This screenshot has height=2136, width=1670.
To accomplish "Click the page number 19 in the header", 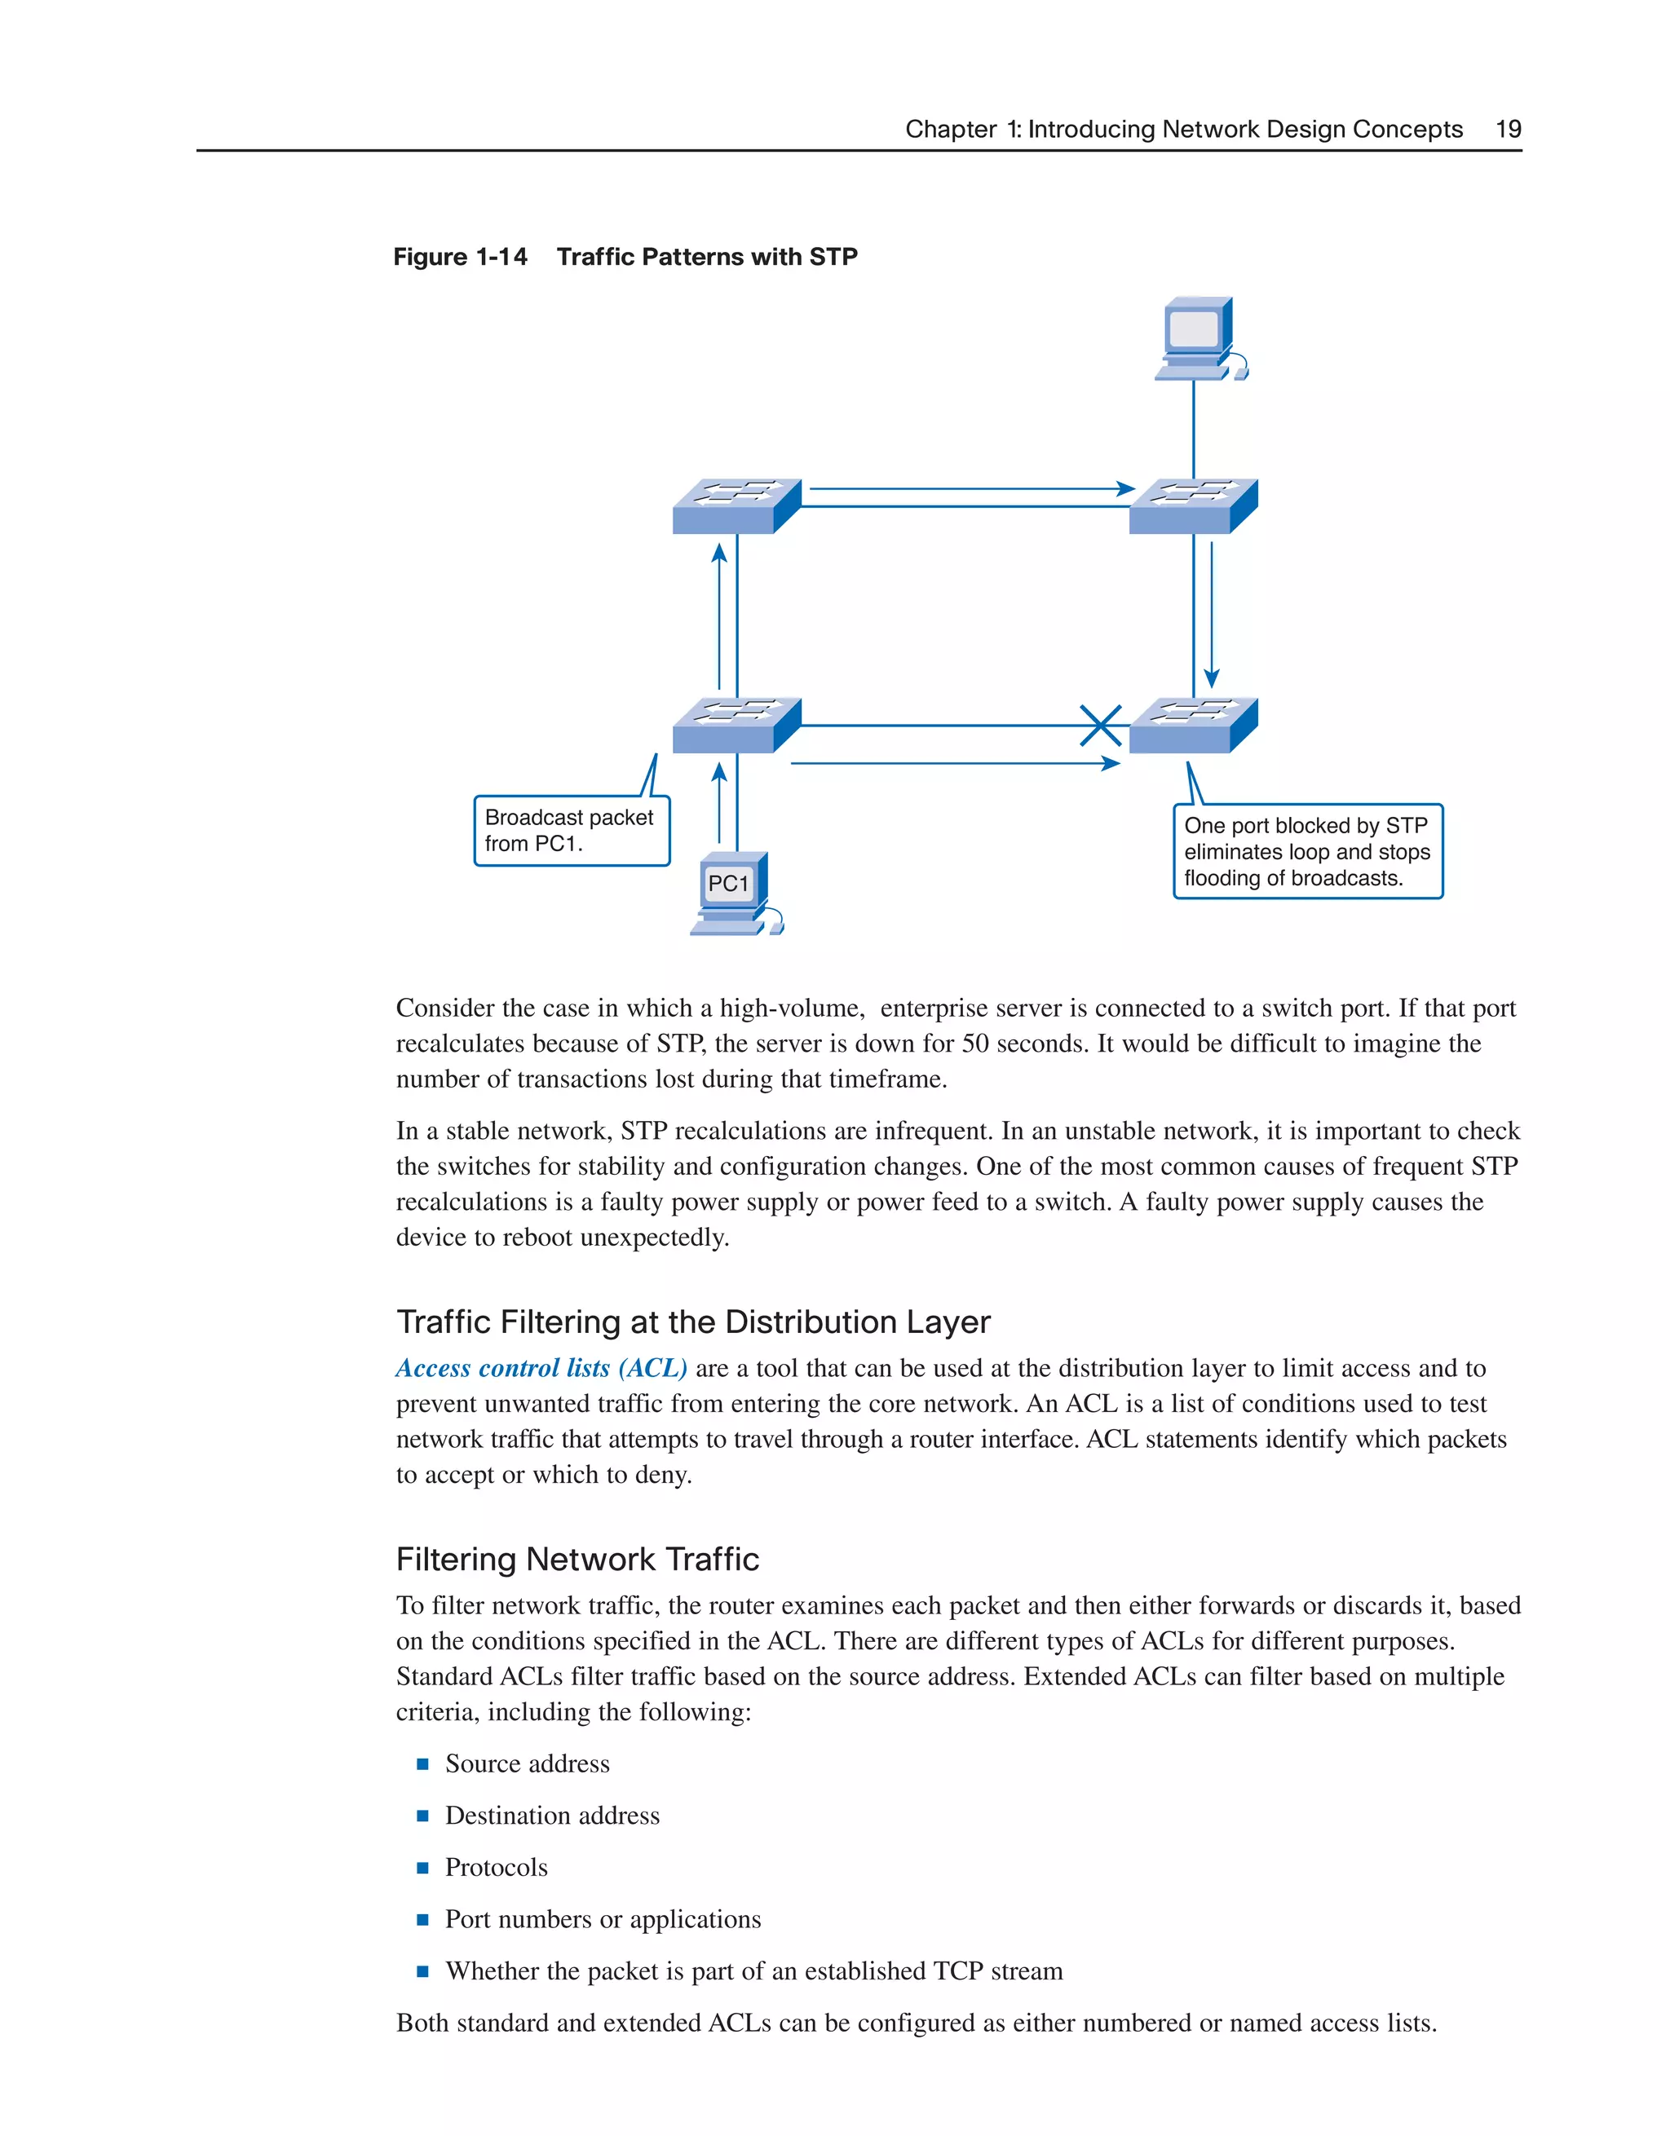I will tap(1508, 129).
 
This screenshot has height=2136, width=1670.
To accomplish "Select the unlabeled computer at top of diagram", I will tap(1199, 338).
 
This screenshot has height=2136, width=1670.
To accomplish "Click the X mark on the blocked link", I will tap(1101, 726).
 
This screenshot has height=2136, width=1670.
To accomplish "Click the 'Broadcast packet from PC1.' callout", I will tap(572, 830).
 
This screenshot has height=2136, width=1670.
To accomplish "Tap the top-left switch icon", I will tap(736, 505).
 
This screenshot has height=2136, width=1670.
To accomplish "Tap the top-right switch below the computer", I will tap(1193, 505).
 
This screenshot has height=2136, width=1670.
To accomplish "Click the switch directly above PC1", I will tap(736, 725).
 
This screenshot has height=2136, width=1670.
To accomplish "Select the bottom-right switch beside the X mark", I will tap(1193, 725).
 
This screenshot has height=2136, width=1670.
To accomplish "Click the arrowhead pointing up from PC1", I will tap(719, 773).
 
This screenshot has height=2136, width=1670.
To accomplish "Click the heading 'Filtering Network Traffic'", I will tap(577, 1559).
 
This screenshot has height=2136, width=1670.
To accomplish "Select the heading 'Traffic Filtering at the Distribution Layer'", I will tap(692, 1322).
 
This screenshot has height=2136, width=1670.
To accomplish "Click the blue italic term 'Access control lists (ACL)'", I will tap(541, 1368).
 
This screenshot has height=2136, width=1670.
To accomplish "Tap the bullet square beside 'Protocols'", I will tap(422, 1868).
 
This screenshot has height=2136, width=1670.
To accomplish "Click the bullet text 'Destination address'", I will tap(552, 1816).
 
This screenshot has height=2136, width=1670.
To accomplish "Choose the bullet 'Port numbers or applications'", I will tap(603, 1920).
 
